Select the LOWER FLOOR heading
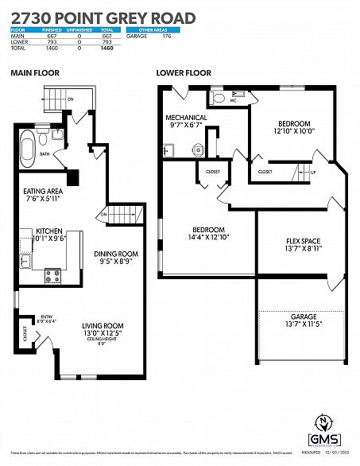click(x=184, y=72)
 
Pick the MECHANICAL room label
click(x=187, y=118)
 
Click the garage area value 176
click(x=166, y=37)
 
